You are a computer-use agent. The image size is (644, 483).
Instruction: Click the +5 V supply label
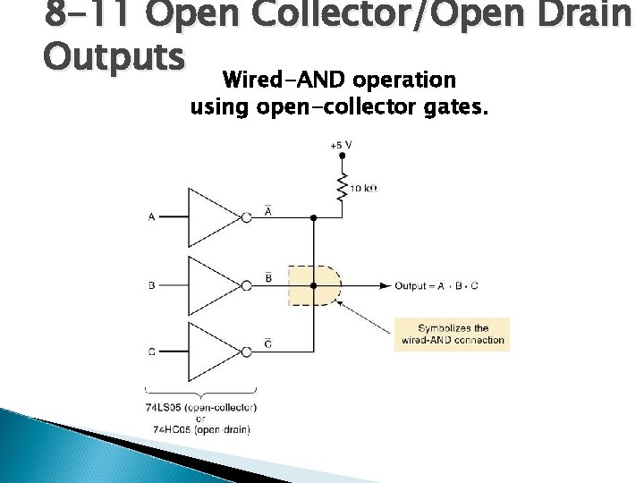coord(341,144)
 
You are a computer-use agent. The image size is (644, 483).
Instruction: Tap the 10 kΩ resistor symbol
coord(341,187)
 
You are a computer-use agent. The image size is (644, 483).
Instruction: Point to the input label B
coord(151,285)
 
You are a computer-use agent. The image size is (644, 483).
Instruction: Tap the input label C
coord(151,352)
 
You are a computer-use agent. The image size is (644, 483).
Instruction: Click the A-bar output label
coord(269,208)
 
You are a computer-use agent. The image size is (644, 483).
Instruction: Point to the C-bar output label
coord(269,343)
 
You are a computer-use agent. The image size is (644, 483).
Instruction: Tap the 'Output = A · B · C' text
coord(436,286)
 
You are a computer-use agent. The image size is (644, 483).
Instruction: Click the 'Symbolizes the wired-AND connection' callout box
coord(452,334)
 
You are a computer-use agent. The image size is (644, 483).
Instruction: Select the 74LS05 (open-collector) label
coord(201,407)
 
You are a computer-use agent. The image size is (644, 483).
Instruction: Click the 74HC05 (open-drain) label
coord(201,429)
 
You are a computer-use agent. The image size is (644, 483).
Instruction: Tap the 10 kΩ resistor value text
coord(365,189)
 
